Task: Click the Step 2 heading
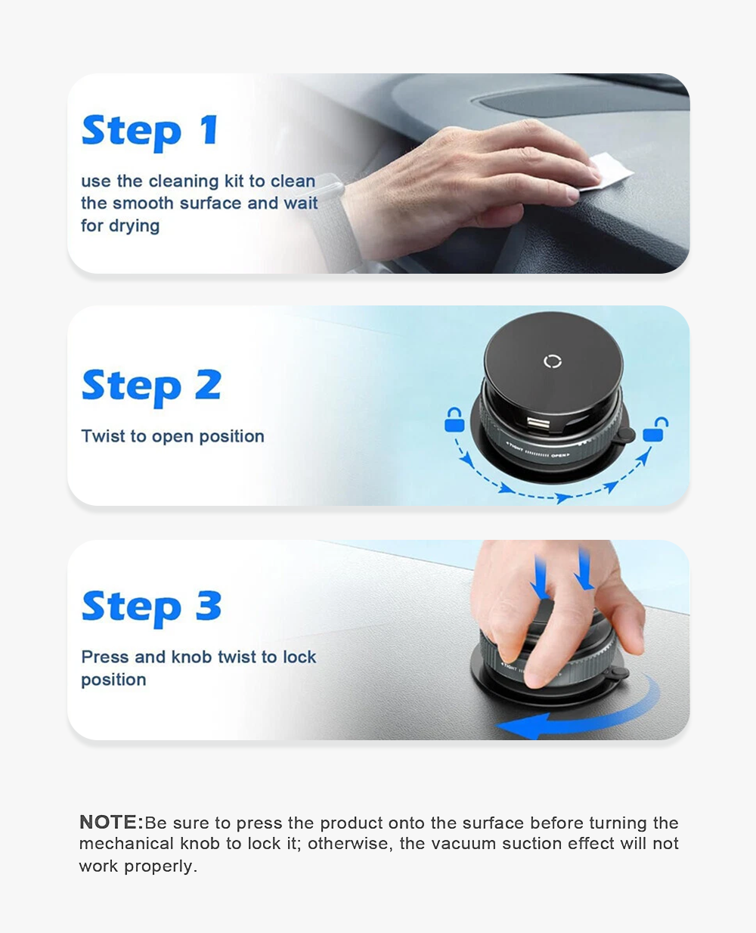pos(151,386)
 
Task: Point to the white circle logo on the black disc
pos(553,361)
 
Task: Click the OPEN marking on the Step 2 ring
pos(559,455)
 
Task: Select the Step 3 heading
pos(151,607)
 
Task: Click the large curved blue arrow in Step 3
pos(582,718)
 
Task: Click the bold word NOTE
pos(110,823)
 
